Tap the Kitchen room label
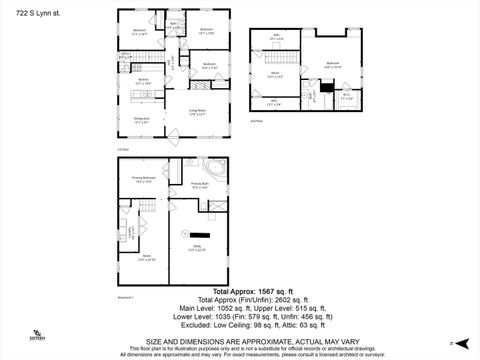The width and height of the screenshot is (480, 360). (x=142, y=81)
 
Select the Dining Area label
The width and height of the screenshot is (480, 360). (x=141, y=121)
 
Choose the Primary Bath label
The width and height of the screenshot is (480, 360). (x=200, y=185)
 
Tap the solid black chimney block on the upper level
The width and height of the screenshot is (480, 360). (x=310, y=97)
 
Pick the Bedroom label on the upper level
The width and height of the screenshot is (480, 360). (x=333, y=65)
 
